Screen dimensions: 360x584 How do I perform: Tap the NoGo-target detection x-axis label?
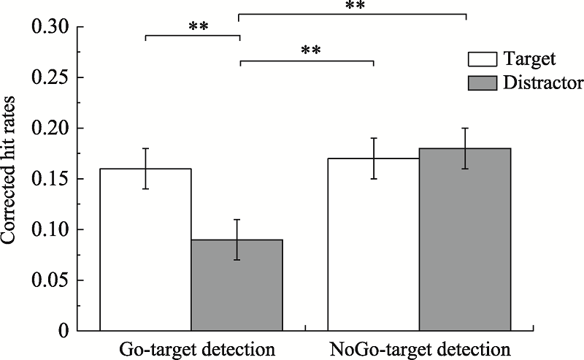pos(418,348)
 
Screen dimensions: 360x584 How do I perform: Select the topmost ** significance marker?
pos(355,6)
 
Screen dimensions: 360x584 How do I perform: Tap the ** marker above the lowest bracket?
pos(310,52)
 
